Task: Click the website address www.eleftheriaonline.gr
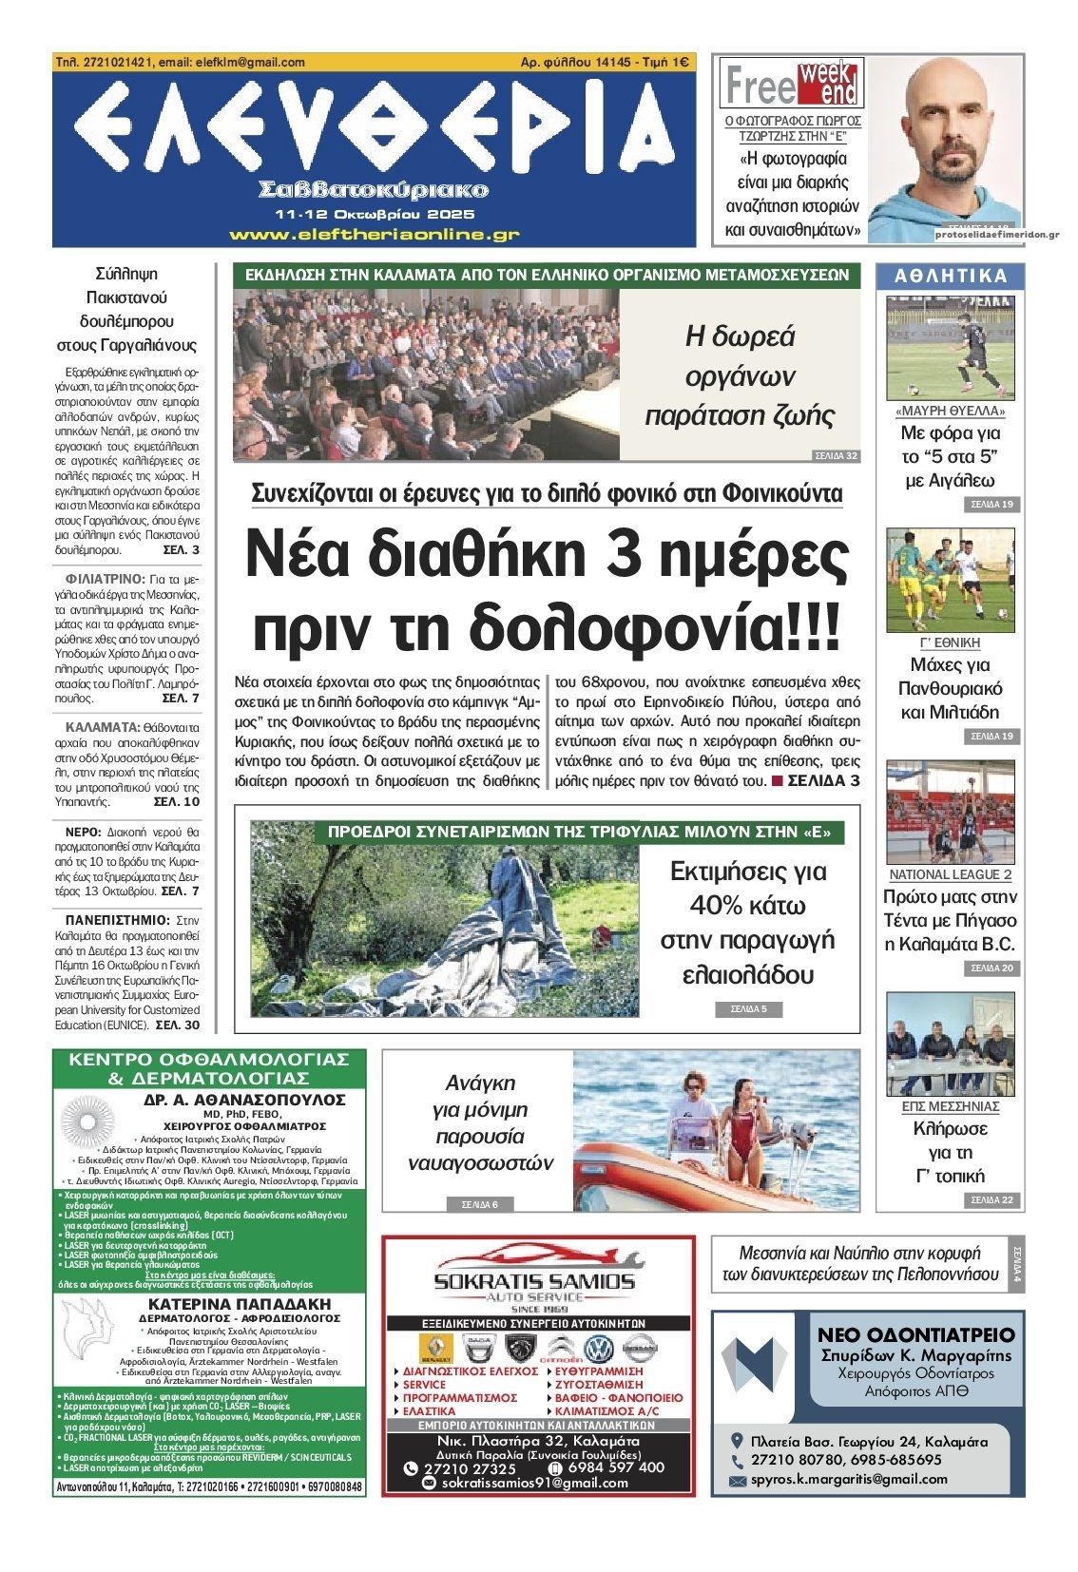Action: tap(374, 234)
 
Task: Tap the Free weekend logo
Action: tap(791, 84)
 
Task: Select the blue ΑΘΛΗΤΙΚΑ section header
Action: tap(951, 277)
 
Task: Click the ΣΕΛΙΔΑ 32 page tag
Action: tap(837, 456)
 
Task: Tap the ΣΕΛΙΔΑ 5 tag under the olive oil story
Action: tap(741, 1008)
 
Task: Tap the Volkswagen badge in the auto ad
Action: tap(598, 1350)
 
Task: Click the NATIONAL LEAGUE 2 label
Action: tap(951, 874)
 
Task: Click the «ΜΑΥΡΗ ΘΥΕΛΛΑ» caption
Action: tap(951, 412)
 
